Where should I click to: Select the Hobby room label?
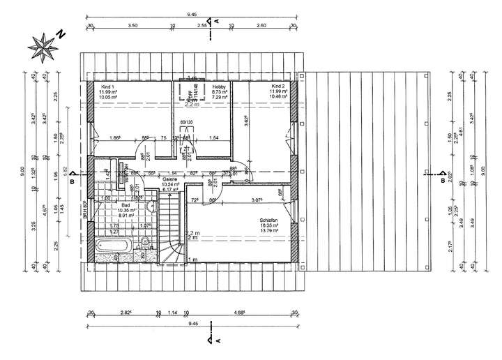pos(218,86)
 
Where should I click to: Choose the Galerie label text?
pos(171,179)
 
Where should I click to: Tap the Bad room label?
pos(125,205)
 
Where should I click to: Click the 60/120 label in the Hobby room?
pos(186,123)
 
